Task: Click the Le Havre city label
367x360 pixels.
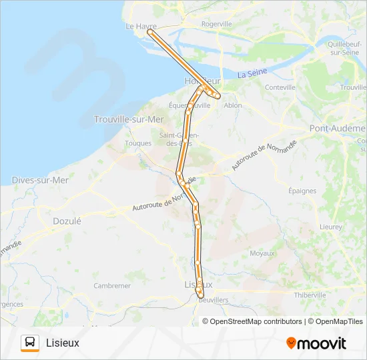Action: coord(141,27)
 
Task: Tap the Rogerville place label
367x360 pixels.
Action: coord(216,23)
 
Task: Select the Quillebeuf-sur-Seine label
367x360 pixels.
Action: coord(345,47)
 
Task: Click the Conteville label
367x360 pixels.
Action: coord(280,87)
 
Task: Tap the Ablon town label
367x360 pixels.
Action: coord(233,105)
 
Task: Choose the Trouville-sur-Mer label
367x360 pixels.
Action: coord(129,119)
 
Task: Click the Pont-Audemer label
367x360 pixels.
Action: coord(338,127)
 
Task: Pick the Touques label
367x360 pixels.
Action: coord(138,143)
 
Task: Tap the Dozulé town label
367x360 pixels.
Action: coord(67,221)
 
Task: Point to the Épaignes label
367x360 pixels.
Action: coord(303,191)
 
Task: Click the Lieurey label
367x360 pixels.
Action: coord(331,227)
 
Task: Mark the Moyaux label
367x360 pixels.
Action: coord(262,253)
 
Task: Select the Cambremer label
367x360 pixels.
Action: coord(112,285)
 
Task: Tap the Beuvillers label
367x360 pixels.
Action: coord(214,301)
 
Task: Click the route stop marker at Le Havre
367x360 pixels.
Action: coord(150,31)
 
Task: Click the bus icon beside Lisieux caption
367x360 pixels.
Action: coord(30,343)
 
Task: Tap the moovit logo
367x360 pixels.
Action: coord(316,343)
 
